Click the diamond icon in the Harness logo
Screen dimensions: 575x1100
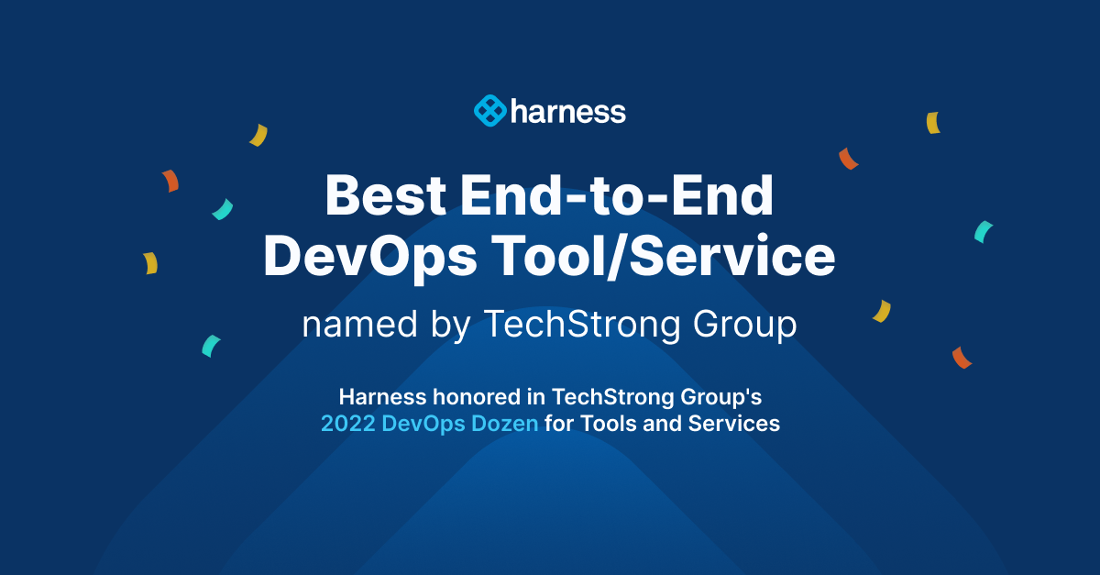(489, 111)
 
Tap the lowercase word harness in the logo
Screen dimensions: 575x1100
(568, 112)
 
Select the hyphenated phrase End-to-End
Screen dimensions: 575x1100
(618, 195)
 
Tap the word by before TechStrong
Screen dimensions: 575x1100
(449, 326)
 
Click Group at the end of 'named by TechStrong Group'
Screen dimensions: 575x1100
(744, 326)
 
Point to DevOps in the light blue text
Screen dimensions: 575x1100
(418, 425)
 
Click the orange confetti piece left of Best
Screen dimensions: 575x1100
(170, 181)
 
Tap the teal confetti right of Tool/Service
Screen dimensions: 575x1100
(984, 231)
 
